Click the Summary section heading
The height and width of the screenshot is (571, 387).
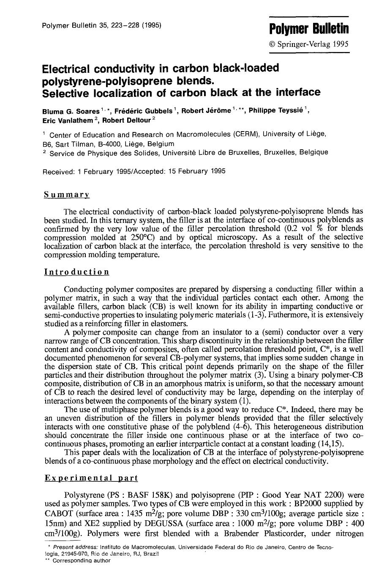click(x=66, y=195)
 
